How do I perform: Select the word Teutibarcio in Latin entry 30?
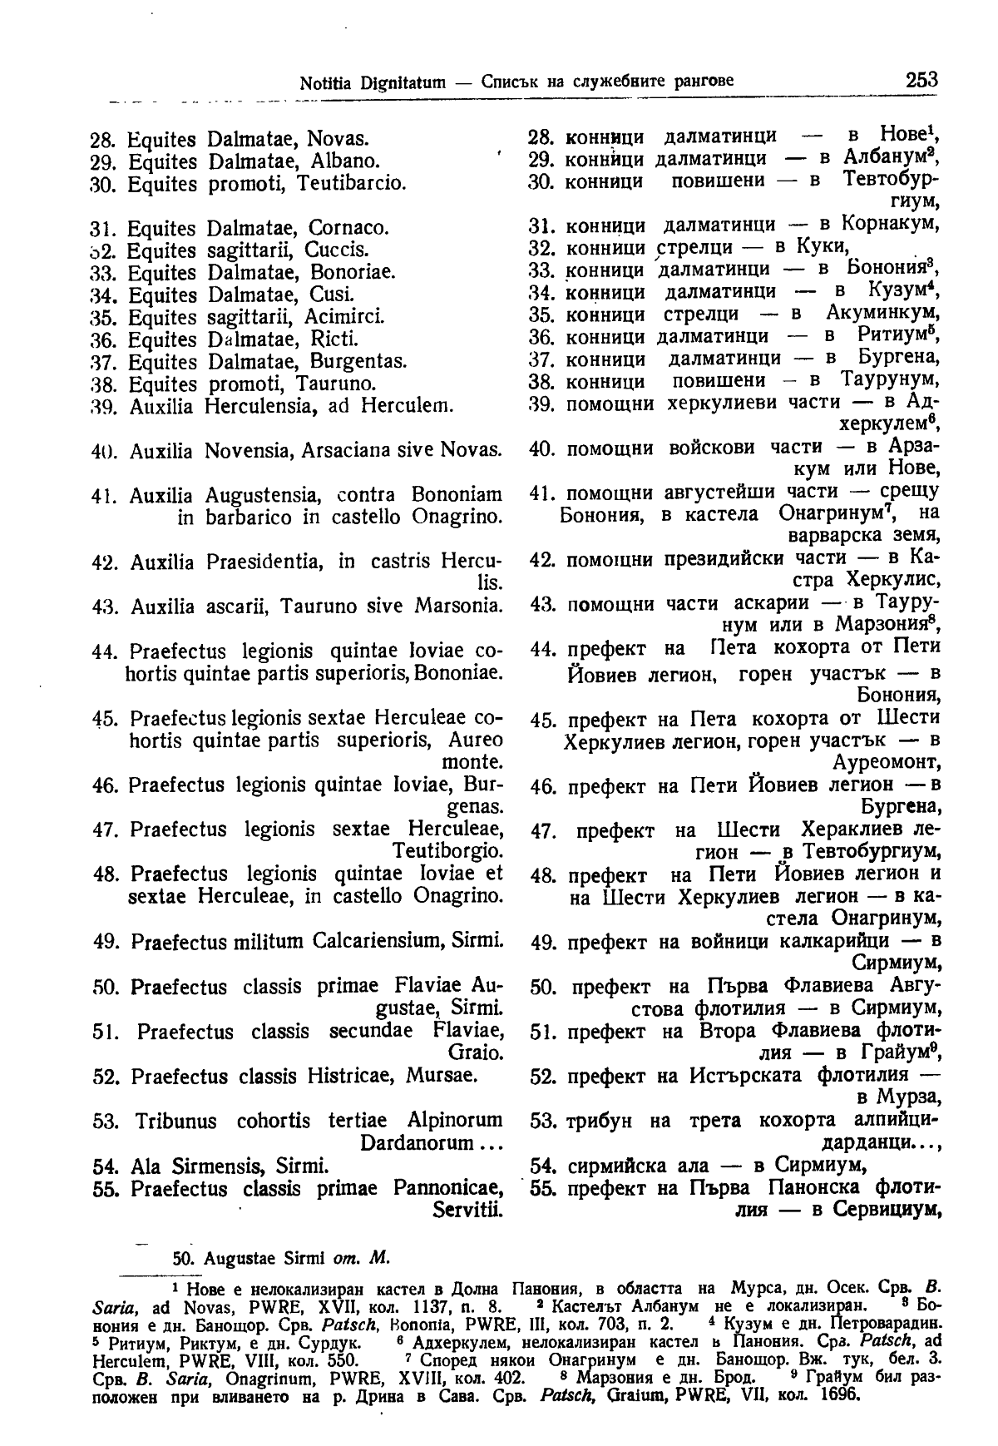351,183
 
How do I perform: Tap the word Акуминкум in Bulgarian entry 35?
883,314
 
